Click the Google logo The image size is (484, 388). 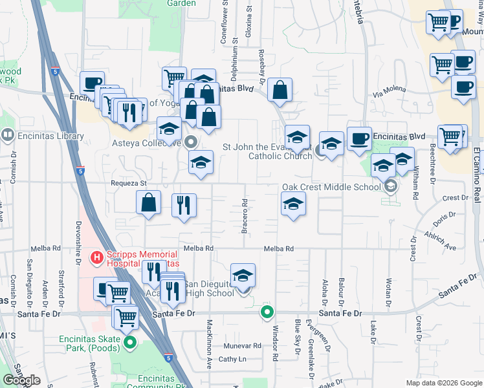pos(21,381)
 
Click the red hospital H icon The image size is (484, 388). pos(96,258)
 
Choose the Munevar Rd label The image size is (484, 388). pos(243,346)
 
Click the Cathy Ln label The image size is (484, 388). pos(232,359)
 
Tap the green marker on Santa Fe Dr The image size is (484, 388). pos(267,313)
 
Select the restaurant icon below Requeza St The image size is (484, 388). pos(184,206)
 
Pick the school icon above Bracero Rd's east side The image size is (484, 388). pos(294,204)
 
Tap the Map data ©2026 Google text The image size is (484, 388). pos(445,383)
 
